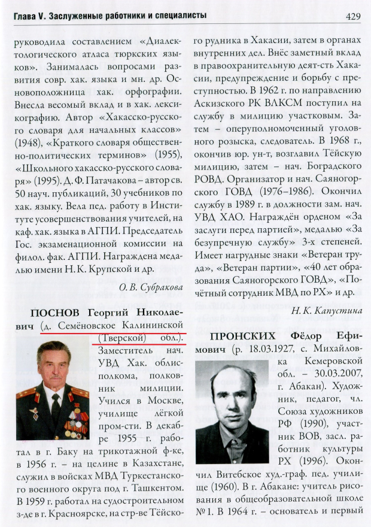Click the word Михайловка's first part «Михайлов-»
click(x=335, y=349)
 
